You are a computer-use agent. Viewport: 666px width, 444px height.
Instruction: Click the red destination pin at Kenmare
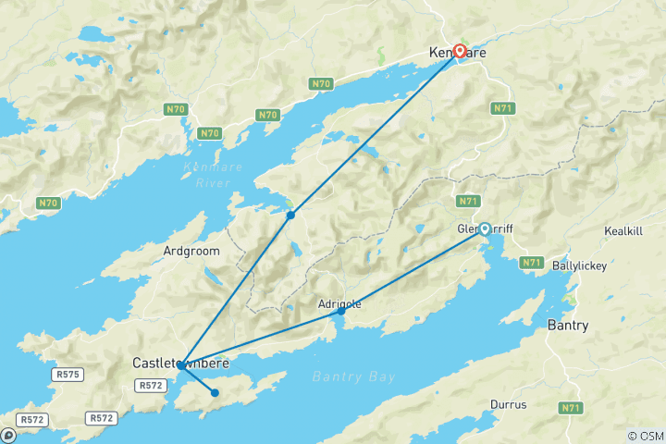point(459,51)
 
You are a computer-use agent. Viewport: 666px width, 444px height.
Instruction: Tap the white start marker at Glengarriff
point(484,228)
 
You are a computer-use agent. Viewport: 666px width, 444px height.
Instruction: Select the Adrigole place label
point(339,303)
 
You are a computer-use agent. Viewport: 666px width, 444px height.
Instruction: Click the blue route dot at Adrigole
point(341,311)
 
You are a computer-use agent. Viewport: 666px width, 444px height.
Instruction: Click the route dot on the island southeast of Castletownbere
point(215,392)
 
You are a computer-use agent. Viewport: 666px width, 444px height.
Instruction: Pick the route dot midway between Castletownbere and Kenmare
point(290,215)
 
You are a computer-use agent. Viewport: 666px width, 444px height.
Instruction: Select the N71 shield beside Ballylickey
point(531,263)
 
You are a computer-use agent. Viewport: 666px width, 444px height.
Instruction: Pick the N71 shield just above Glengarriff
point(467,201)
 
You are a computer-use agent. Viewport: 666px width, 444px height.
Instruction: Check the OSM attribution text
point(644,436)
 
